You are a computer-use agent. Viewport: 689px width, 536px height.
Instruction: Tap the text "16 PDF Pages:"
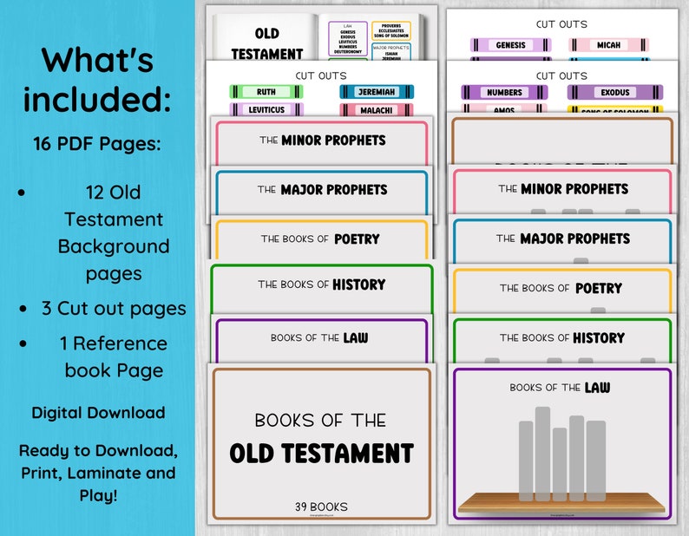(x=97, y=144)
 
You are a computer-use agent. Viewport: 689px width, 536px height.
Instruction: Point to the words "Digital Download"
(x=98, y=413)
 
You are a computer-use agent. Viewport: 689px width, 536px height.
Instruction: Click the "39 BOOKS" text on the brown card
(x=321, y=507)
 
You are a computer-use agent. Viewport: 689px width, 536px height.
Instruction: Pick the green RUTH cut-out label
(x=266, y=91)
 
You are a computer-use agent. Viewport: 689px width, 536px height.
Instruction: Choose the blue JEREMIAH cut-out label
(x=377, y=91)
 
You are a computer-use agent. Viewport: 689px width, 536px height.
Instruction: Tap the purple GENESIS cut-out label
(x=510, y=44)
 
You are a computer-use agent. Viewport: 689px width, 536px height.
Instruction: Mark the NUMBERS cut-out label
(x=504, y=92)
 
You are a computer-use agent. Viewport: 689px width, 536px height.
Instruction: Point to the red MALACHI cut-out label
(x=377, y=110)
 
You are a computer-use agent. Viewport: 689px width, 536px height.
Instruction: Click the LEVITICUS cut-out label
(x=266, y=110)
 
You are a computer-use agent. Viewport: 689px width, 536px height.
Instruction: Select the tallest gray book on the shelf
(x=542, y=451)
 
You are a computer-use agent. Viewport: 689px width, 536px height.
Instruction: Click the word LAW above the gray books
(x=597, y=387)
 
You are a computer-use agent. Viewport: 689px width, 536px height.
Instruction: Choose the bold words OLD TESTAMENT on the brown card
(x=321, y=453)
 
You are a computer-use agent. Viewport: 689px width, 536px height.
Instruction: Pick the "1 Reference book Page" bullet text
(x=114, y=356)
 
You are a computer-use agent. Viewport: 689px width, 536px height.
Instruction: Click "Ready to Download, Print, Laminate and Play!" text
(x=97, y=473)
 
